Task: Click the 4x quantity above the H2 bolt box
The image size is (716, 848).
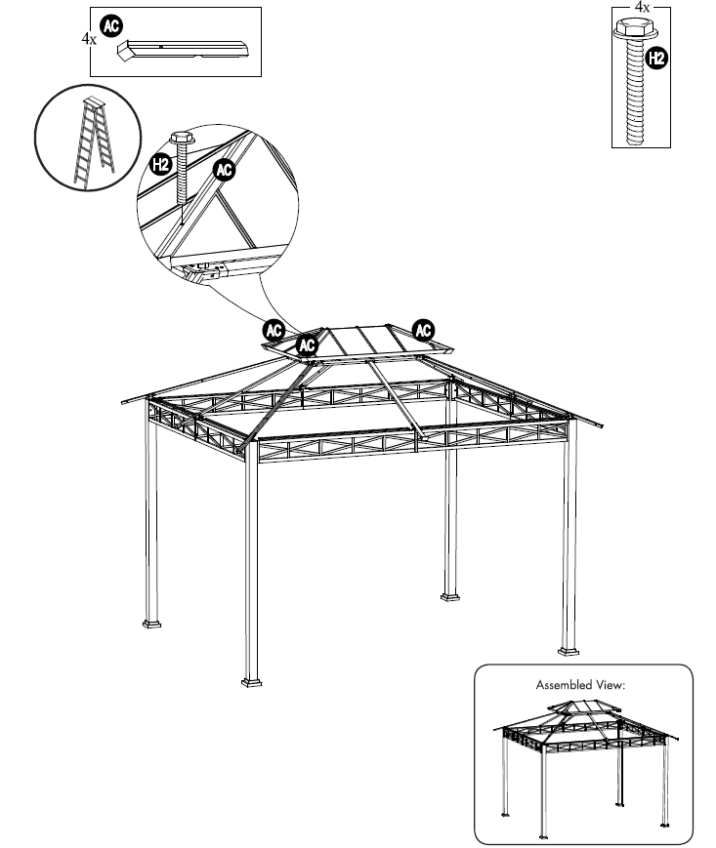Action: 642,8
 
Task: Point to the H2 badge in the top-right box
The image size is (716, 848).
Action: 656,59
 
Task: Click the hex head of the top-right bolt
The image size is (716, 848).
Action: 631,32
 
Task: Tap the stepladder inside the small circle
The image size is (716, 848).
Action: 94,142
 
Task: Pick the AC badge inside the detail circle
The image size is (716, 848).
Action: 225,171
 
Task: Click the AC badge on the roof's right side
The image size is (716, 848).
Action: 424,330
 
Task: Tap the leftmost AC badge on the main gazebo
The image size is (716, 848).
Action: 274,330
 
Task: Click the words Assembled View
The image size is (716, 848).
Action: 579,685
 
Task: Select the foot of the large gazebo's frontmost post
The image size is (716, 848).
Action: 252,680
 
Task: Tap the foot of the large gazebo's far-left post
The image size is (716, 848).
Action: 153,621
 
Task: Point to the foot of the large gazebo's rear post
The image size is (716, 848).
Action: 450,593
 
